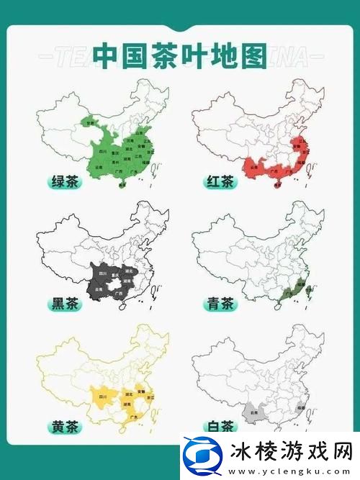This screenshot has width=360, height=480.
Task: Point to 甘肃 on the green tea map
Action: click(x=91, y=123)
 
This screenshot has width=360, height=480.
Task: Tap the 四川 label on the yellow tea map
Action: click(x=102, y=396)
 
